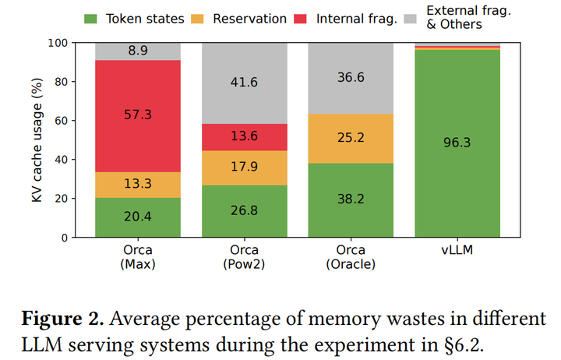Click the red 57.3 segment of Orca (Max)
tap(138, 115)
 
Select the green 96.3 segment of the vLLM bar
tap(457, 143)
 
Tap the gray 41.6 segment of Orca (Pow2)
tap(245, 83)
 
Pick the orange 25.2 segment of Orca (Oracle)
tap(351, 138)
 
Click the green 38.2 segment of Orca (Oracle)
tap(351, 199)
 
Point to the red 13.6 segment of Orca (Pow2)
tap(245, 137)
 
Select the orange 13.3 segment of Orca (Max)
tap(138, 185)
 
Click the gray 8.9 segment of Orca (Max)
tap(138, 51)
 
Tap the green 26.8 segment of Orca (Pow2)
tap(245, 211)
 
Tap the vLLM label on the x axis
tap(457, 251)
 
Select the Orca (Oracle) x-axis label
tap(351, 256)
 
